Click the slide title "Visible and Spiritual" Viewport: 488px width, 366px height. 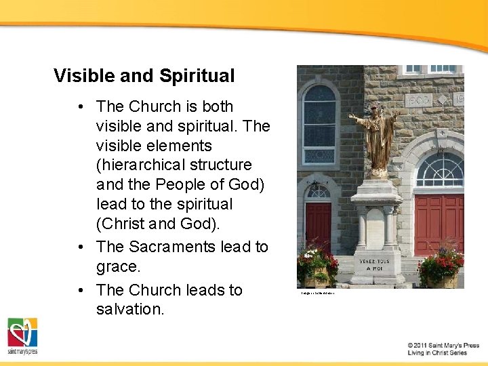click(144, 76)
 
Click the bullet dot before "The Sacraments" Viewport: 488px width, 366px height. click(81, 247)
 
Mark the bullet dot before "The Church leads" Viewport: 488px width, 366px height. click(81, 290)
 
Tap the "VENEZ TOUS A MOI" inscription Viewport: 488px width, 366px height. click(376, 263)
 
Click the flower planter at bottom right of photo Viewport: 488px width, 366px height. click(441, 268)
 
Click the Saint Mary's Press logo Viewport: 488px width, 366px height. click(22, 336)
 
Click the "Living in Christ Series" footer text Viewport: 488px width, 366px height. click(438, 353)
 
